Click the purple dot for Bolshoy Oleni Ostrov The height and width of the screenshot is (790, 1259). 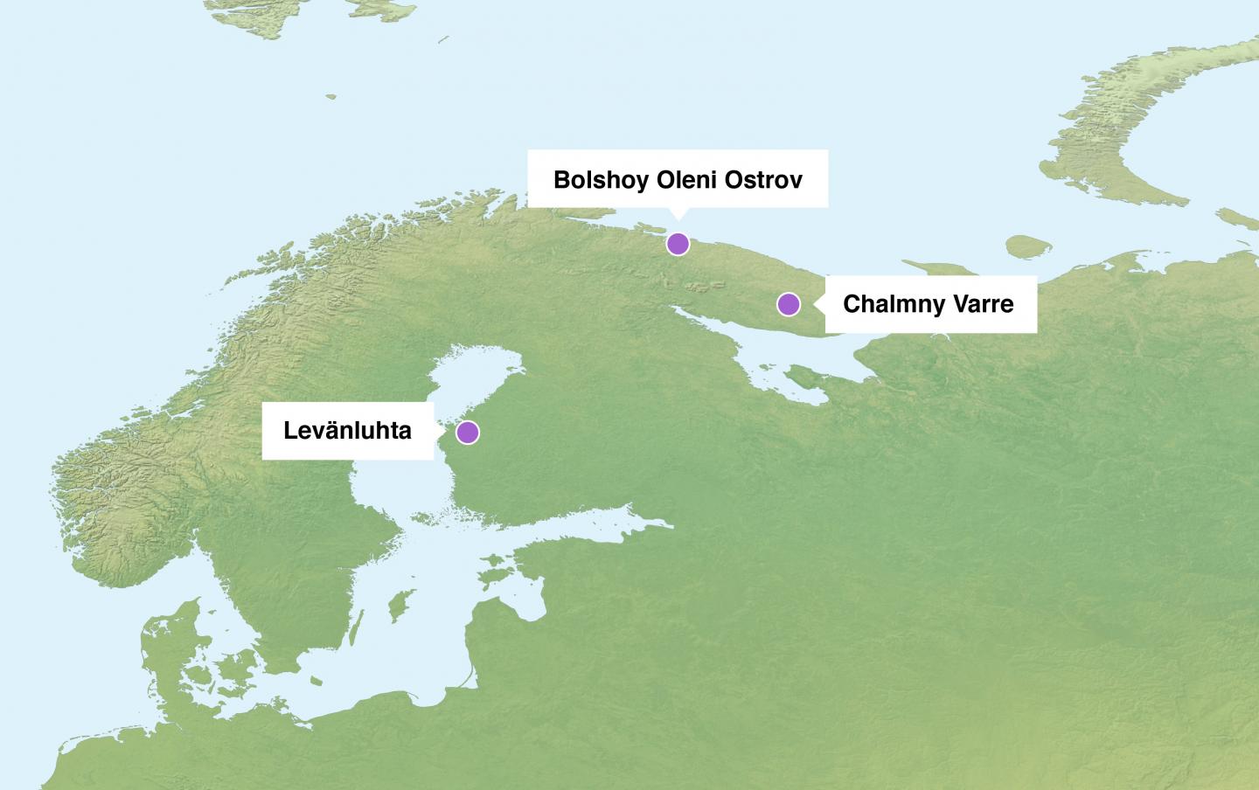pos(678,244)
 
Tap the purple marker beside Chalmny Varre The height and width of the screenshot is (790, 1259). pos(788,304)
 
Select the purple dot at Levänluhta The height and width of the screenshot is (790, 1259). pos(468,432)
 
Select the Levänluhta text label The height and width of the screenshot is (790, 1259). pos(347,430)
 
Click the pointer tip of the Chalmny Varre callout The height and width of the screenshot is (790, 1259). pos(815,304)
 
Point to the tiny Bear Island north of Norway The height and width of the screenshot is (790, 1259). pos(330,97)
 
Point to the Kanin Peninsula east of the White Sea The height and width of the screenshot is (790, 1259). pos(927,275)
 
